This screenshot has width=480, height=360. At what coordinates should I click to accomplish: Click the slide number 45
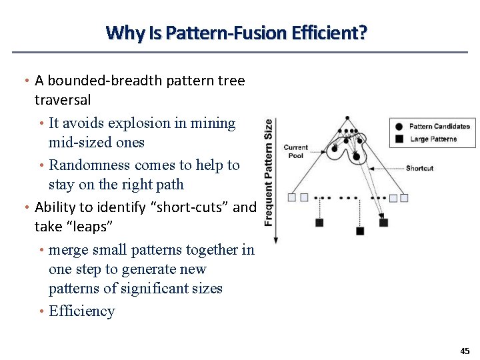[x=465, y=351]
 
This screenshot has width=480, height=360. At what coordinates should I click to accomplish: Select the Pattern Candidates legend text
[x=439, y=126]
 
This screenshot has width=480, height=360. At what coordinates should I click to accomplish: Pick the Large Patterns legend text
[x=433, y=139]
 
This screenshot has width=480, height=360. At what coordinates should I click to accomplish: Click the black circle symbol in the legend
[x=399, y=126]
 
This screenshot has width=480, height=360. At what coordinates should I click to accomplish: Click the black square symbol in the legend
[x=399, y=139]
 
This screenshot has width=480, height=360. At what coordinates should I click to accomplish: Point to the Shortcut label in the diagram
[x=419, y=168]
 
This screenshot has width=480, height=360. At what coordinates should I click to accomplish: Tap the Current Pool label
[x=295, y=151]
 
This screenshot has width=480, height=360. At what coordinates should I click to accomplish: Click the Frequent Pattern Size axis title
[x=269, y=172]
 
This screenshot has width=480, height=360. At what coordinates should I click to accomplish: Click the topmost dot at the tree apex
[x=347, y=119]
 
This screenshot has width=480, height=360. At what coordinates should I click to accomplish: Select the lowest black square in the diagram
[x=360, y=231]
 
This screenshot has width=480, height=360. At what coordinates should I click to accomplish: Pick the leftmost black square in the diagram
[x=319, y=223]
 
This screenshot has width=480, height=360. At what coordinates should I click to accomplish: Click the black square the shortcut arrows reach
[x=384, y=223]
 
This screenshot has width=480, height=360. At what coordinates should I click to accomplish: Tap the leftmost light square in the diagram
[x=292, y=197]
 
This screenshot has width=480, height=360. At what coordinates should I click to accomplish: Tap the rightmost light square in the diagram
[x=404, y=197]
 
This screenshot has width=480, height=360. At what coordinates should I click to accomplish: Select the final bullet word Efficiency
[x=82, y=311]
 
